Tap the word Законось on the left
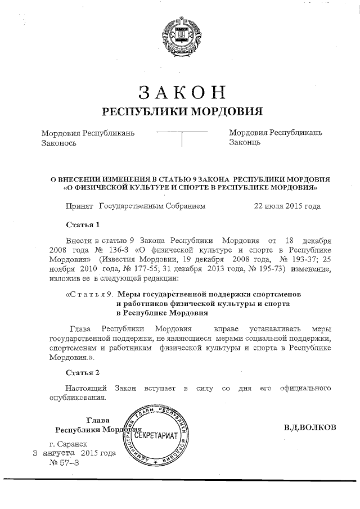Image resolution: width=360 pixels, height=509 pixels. [59, 143]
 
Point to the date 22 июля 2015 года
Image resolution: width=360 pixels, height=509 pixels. [287, 206]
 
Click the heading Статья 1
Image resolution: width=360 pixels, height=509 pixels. [83, 226]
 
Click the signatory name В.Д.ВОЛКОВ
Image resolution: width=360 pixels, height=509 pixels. [310, 427]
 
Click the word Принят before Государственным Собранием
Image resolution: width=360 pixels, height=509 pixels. [79, 206]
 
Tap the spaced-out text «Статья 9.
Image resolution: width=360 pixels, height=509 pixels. [91, 294]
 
